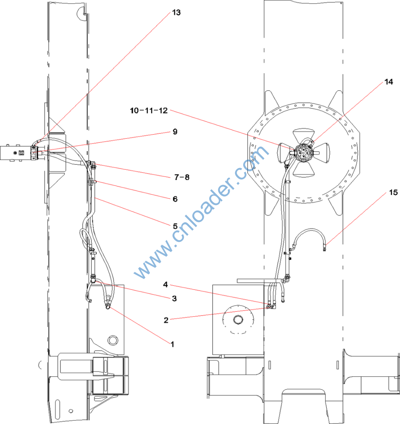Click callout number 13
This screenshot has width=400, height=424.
(176, 12)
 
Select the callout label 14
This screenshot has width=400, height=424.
(388, 82)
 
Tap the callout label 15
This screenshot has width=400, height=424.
(393, 192)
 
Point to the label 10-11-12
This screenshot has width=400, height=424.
(149, 110)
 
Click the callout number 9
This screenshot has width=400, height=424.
(175, 132)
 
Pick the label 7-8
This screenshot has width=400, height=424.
(182, 177)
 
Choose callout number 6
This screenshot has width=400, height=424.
(175, 199)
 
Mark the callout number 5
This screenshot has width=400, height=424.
(175, 226)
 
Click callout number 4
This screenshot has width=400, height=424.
(165, 284)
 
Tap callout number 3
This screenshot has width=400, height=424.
(175, 299)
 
